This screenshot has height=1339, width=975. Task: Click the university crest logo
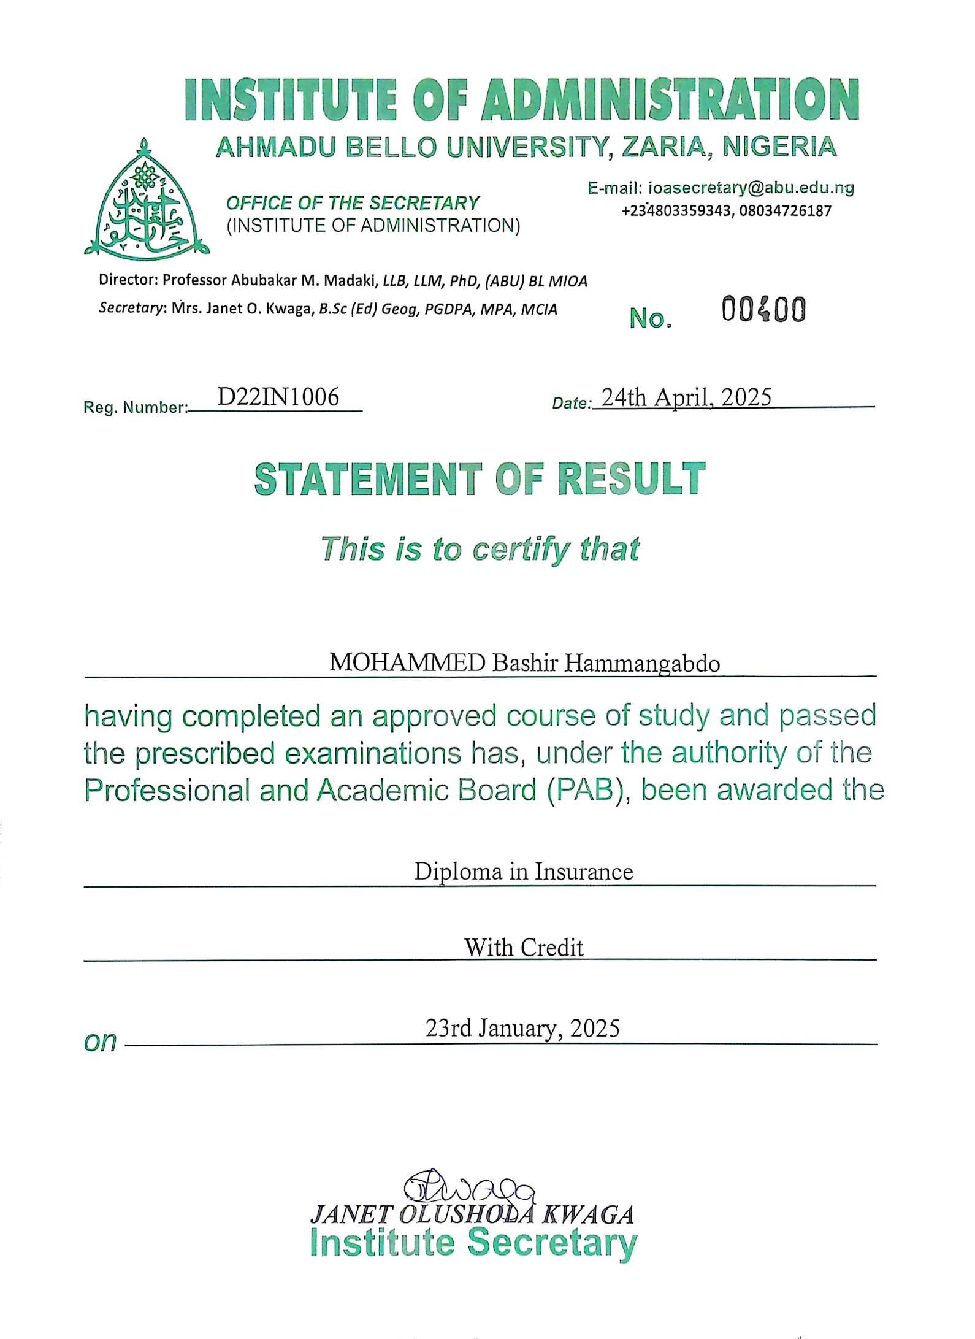[x=146, y=199]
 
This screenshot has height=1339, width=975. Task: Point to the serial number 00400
[x=763, y=309]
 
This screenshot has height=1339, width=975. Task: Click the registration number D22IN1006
[x=278, y=397]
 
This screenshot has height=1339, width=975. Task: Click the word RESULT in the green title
[x=631, y=479]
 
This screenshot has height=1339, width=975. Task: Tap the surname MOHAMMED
[x=407, y=662]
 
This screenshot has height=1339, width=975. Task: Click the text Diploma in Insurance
[x=523, y=872]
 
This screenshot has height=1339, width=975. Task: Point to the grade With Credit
[x=524, y=948]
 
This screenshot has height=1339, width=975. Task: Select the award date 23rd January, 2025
[x=522, y=1028]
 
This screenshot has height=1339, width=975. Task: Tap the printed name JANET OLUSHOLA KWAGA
[x=472, y=1215]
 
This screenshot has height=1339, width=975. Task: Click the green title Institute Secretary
[x=473, y=1243]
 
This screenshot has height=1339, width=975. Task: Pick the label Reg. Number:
[x=135, y=407]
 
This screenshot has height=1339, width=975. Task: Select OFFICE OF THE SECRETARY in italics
[x=353, y=203]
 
